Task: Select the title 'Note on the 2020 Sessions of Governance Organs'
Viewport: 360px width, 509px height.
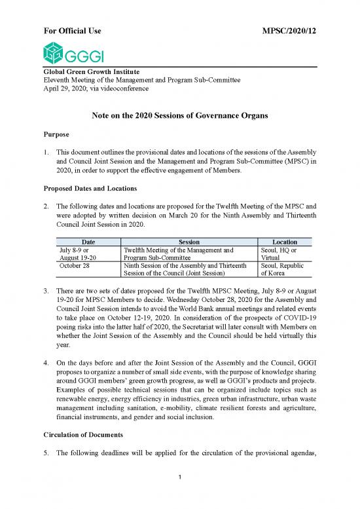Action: [180, 117]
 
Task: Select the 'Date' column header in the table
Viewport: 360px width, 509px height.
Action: [85, 242]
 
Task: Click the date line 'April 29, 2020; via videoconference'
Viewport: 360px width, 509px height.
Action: [96, 88]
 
